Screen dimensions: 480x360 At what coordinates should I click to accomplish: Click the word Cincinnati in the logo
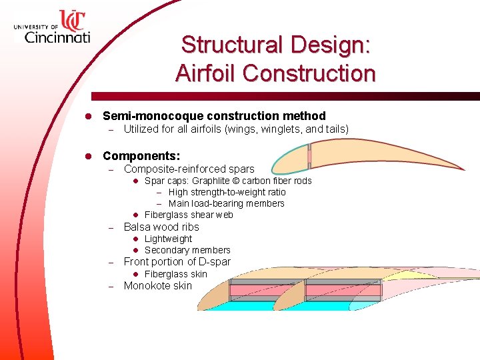click(57, 36)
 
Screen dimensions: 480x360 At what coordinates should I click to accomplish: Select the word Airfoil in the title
click(205, 73)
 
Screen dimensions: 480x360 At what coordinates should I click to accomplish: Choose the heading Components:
click(141, 156)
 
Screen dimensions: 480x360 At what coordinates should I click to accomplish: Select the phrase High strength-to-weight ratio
click(227, 192)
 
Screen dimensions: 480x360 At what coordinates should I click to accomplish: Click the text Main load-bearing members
click(226, 203)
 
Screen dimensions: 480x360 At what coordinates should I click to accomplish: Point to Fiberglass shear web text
click(189, 215)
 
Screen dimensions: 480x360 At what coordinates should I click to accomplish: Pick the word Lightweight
click(168, 239)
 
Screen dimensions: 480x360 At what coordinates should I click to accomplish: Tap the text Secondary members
click(187, 250)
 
